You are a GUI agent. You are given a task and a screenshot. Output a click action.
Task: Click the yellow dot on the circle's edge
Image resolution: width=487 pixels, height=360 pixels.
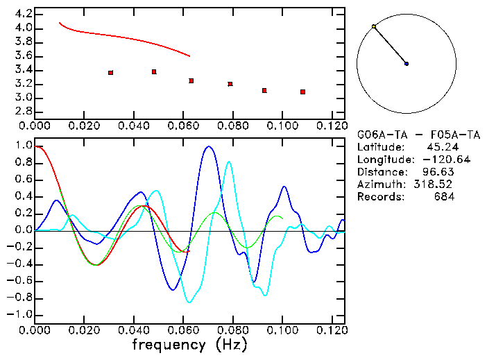pyautogui.click(x=374, y=26)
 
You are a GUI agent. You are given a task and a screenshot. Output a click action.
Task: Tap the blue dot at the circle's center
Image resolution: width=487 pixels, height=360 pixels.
pyautogui.click(x=407, y=64)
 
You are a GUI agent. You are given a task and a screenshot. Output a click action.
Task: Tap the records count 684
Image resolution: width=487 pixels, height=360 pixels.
pyautogui.click(x=444, y=197)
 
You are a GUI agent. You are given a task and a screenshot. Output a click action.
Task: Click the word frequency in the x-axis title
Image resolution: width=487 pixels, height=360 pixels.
pyautogui.click(x=164, y=345)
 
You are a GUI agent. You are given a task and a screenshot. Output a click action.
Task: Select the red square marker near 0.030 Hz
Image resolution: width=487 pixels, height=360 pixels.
pyautogui.click(x=110, y=73)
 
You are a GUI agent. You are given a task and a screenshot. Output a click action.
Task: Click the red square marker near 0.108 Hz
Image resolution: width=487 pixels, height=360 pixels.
pyautogui.click(x=303, y=92)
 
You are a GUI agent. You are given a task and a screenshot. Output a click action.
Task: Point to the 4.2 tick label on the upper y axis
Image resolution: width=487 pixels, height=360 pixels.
pyautogui.click(x=23, y=14)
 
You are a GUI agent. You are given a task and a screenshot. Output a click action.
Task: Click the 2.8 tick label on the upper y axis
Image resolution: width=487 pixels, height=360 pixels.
pyautogui.click(x=23, y=111)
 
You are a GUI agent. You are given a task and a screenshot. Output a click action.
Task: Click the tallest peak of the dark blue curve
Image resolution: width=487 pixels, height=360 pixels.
pyautogui.click(x=208, y=146)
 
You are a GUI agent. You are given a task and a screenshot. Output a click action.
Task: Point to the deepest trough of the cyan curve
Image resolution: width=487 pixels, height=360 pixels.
pyautogui.click(x=189, y=302)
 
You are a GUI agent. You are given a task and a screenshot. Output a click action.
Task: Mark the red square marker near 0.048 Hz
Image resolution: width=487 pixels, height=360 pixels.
pyautogui.click(x=154, y=71)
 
